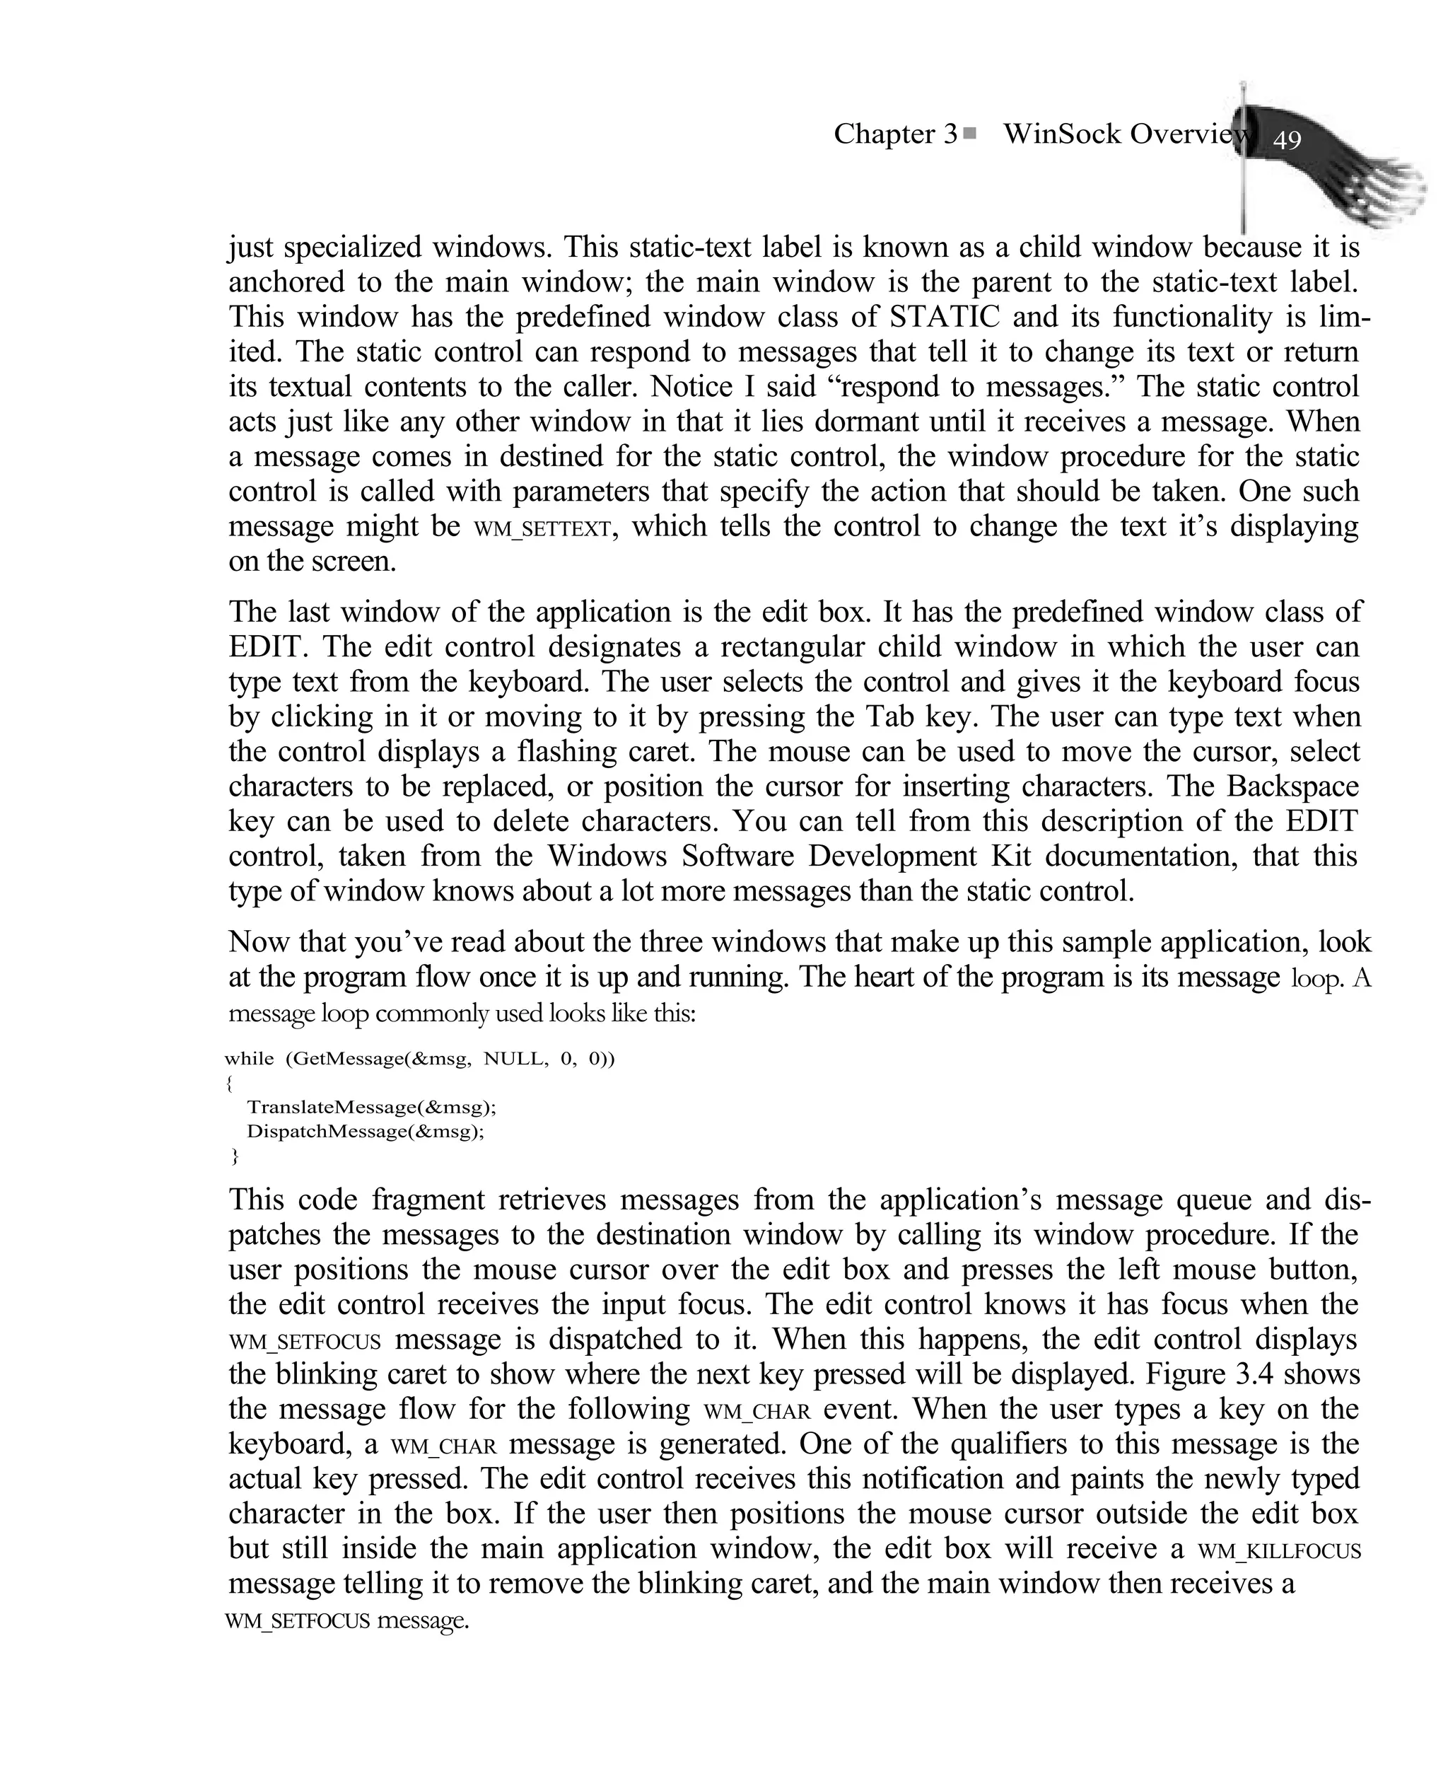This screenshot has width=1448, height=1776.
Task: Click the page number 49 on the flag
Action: pyautogui.click(x=1287, y=139)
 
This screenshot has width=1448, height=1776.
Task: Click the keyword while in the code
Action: pyautogui.click(x=249, y=1059)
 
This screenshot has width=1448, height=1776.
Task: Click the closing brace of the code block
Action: pyautogui.click(x=235, y=1156)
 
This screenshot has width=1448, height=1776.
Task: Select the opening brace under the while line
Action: pyautogui.click(x=229, y=1083)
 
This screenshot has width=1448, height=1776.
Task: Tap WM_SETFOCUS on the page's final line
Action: pyautogui.click(x=298, y=1620)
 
